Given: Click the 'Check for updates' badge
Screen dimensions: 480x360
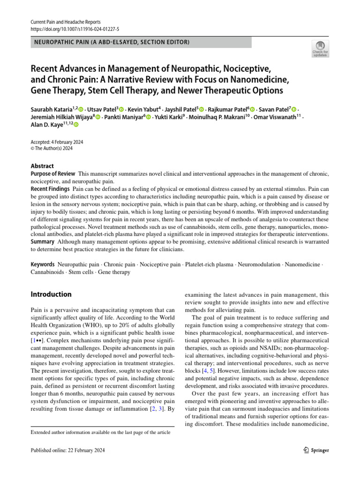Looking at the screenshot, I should [x=320, y=48].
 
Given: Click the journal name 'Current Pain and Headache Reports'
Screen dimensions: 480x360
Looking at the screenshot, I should [x=65, y=22].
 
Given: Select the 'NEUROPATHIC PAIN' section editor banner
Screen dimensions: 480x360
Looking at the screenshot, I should [x=141, y=43].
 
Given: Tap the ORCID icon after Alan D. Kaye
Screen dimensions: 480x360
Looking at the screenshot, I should [x=76, y=125].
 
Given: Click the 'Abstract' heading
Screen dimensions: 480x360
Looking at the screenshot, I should [x=42, y=166].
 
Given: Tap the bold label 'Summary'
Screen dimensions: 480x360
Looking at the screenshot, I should [x=43, y=241].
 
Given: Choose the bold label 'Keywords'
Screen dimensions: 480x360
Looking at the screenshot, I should [x=43, y=265].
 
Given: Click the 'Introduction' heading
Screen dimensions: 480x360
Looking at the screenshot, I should [x=51, y=294].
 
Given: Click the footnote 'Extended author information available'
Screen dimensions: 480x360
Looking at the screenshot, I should [x=100, y=432].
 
